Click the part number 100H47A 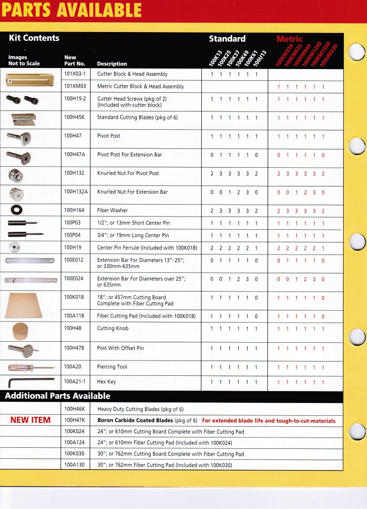click(x=74, y=154)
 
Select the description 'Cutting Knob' click(x=112, y=328)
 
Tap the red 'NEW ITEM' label click(x=30, y=420)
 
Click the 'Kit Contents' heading click(x=34, y=38)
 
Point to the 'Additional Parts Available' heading click(x=58, y=396)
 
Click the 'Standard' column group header click(x=227, y=38)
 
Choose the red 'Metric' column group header click(x=290, y=38)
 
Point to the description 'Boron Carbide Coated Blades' click(x=135, y=421)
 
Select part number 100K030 click(x=74, y=454)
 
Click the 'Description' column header click(x=112, y=64)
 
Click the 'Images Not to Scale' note click(x=24, y=60)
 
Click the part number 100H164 click(x=74, y=210)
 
